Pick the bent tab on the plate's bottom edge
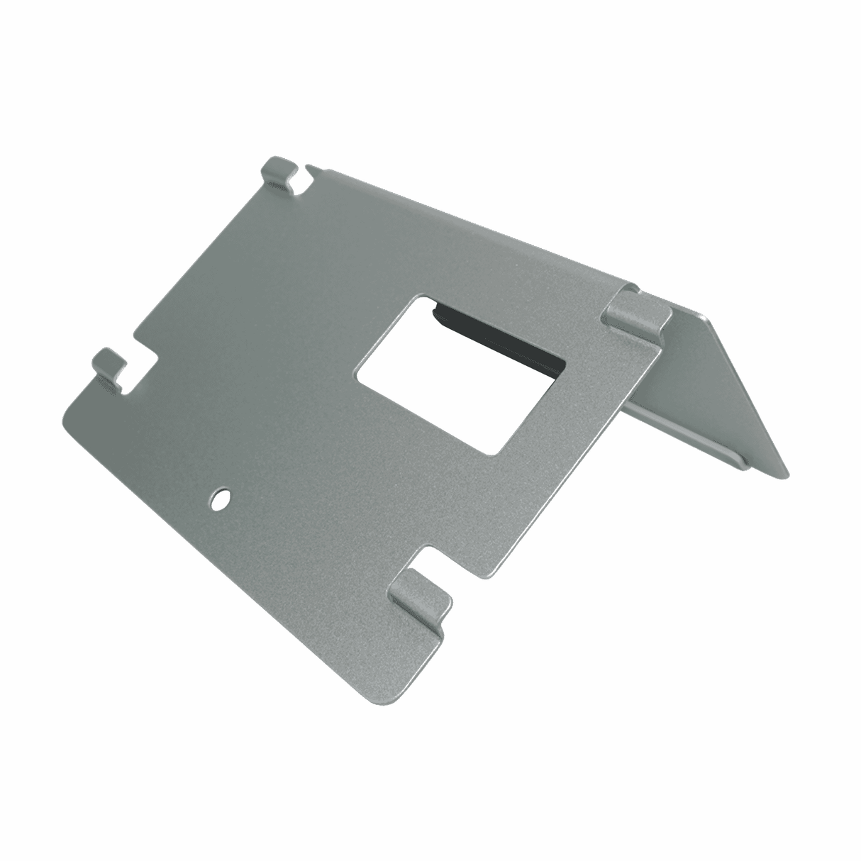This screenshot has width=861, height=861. coord(421,594)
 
